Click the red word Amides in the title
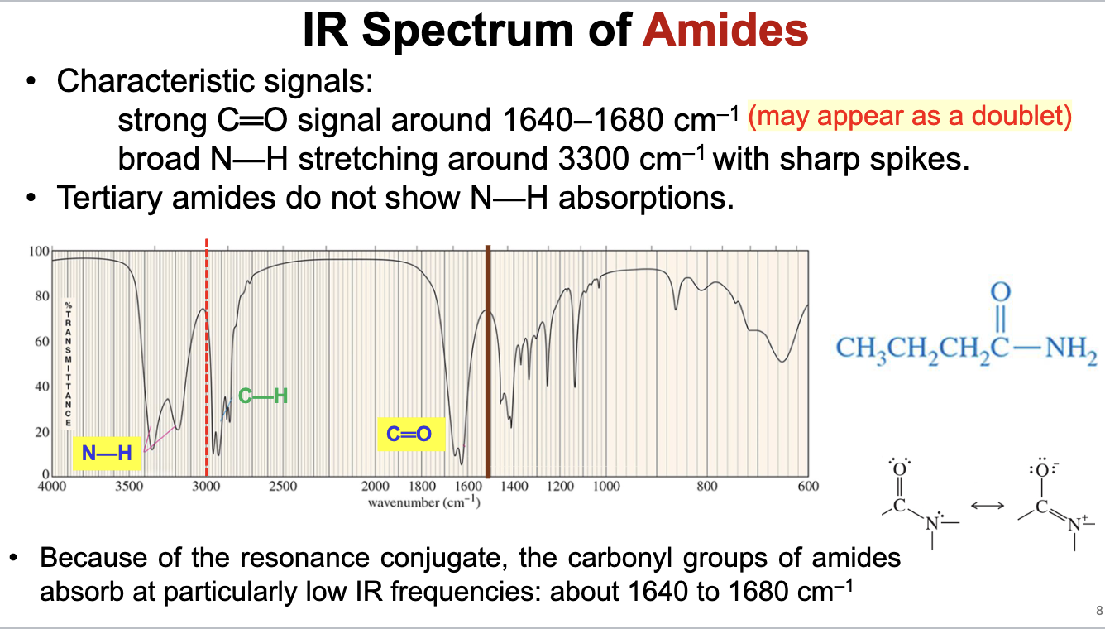click(x=725, y=31)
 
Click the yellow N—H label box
click(x=106, y=452)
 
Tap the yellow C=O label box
click(x=409, y=433)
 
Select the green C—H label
click(x=263, y=396)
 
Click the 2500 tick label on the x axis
click(x=283, y=487)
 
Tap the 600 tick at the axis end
click(x=808, y=487)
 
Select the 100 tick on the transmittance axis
click(x=39, y=251)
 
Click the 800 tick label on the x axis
click(x=706, y=487)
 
